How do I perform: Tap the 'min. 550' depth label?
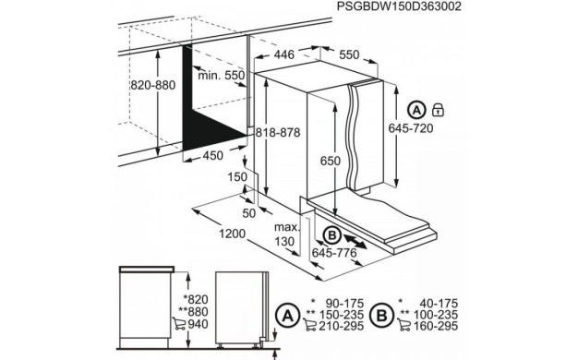pyautogui.click(x=221, y=74)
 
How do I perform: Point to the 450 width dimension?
pyautogui.click(x=212, y=156)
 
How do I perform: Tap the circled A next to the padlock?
pyautogui.click(x=419, y=110)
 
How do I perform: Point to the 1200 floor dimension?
pyautogui.click(x=229, y=234)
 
